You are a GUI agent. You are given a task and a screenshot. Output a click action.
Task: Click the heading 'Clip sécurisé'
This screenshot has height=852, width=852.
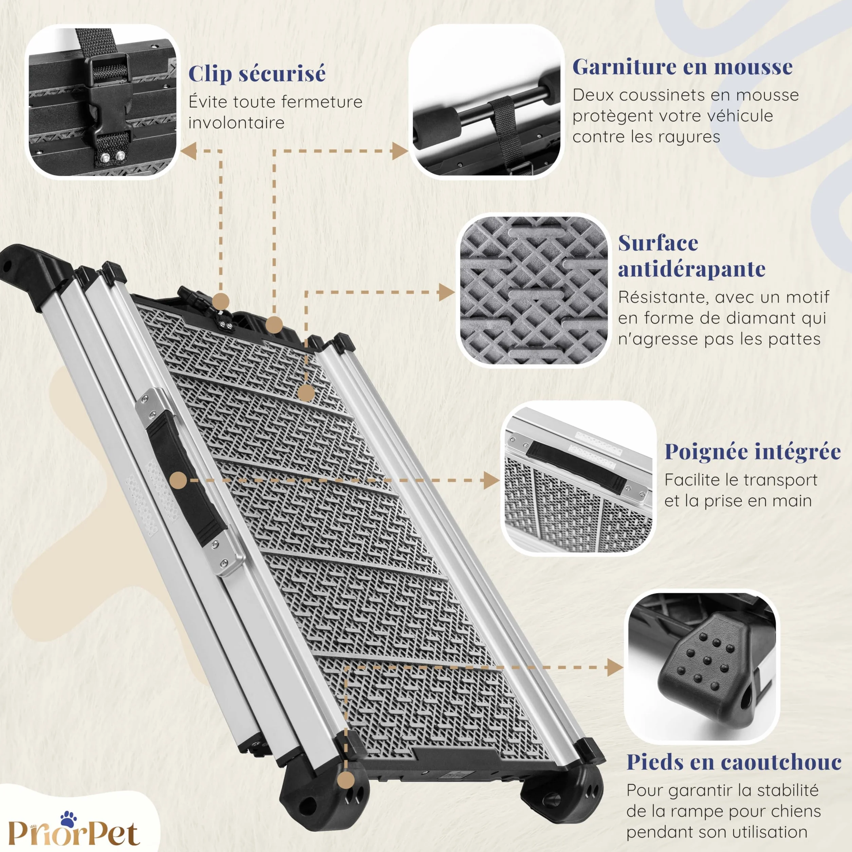[257, 74]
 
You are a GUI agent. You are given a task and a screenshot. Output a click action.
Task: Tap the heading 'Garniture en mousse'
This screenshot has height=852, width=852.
[682, 67]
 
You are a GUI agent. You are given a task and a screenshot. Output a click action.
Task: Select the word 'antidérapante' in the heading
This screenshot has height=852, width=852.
[691, 269]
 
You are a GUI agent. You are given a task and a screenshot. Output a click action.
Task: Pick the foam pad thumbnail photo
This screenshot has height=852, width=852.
[487, 102]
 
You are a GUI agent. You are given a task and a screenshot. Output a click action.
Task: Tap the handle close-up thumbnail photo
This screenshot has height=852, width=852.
[578, 479]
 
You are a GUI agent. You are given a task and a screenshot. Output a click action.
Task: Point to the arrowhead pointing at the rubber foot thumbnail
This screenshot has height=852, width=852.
[615, 667]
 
